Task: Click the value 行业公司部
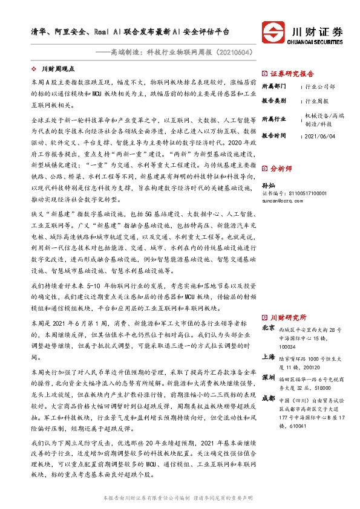pyautogui.click(x=319, y=86)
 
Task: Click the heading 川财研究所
pyautogui.click(x=289, y=317)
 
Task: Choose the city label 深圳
pyautogui.click(x=268, y=377)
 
